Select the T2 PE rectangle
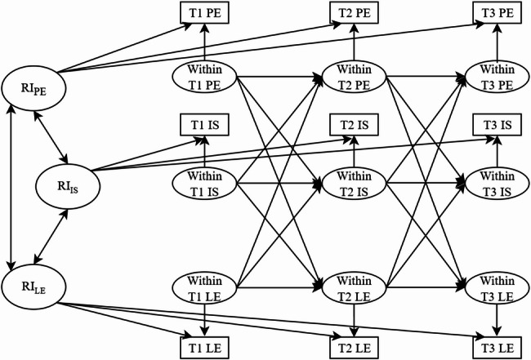point(353,13)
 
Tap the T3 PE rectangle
point(495,13)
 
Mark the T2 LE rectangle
point(353,345)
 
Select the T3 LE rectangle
point(495,345)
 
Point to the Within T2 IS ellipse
point(353,184)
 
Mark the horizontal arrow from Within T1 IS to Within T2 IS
point(278,184)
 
